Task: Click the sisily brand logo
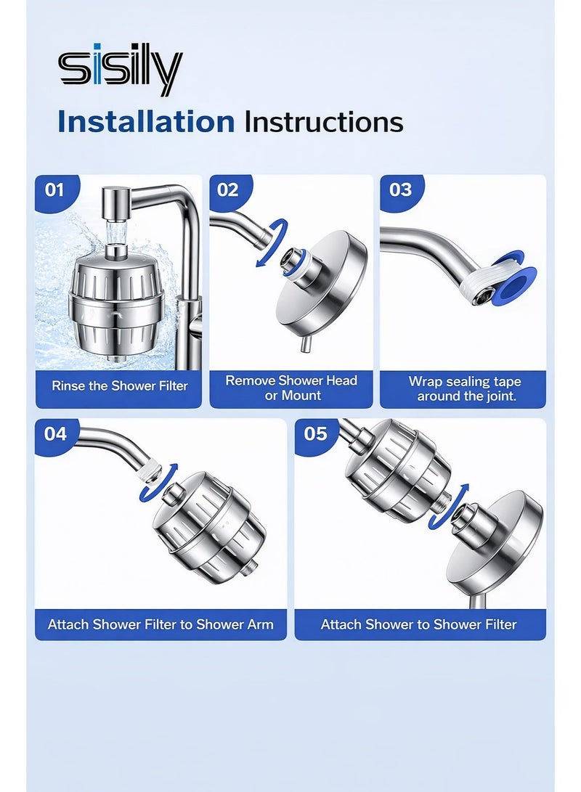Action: [121, 72]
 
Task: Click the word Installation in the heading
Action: [146, 122]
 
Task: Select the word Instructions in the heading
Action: [323, 122]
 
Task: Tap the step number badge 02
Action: [227, 190]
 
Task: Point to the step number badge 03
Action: [400, 190]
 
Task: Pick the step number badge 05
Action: [315, 434]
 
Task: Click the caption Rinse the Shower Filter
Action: [120, 386]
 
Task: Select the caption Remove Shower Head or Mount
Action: [291, 388]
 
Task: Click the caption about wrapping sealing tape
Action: [465, 388]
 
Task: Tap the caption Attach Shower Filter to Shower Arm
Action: [161, 624]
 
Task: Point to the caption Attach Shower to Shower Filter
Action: [419, 624]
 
